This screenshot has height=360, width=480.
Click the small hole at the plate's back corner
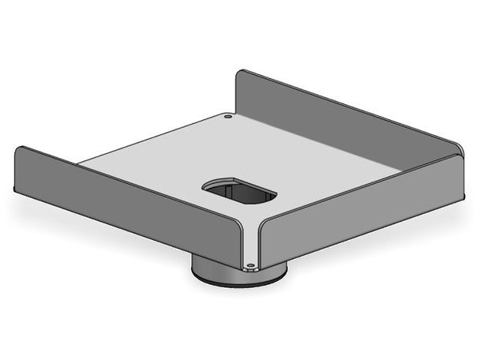click(x=227, y=117)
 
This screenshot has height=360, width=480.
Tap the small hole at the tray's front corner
click(x=250, y=265)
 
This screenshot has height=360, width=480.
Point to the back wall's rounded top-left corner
click(x=242, y=73)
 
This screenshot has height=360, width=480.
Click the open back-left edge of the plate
click(x=150, y=141)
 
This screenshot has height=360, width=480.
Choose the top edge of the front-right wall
click(x=363, y=186)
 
